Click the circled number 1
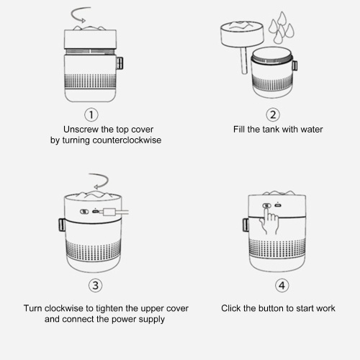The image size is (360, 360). (91, 114)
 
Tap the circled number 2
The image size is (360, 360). (273, 114)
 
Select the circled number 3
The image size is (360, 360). (96, 285)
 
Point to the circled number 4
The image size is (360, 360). (282, 285)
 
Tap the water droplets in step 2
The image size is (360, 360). (282, 28)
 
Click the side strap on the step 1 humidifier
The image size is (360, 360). (120, 63)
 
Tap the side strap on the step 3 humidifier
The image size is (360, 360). (62, 225)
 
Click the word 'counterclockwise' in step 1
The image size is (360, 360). (127, 140)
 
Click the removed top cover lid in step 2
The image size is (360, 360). (242, 34)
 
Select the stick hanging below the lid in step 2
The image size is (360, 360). (244, 60)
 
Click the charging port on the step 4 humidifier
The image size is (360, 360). (278, 205)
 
